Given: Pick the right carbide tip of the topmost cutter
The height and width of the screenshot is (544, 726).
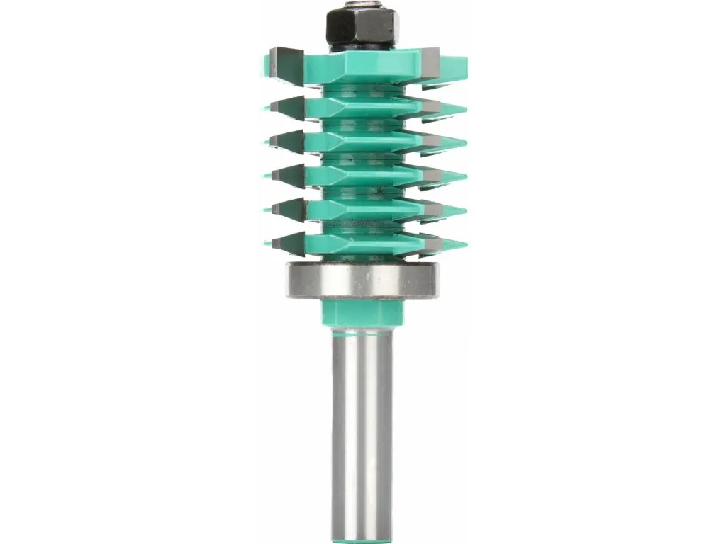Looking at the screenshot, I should tap(432, 62).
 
